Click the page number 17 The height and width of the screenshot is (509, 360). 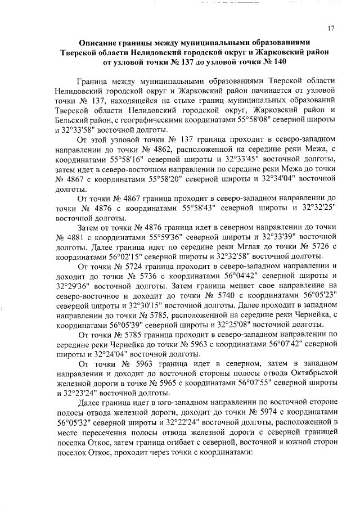[332, 29]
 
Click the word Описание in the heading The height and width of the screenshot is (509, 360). [101, 42]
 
